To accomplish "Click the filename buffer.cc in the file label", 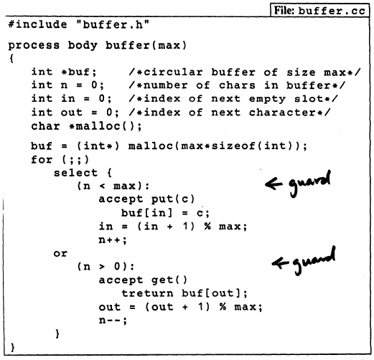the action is coord(332,11).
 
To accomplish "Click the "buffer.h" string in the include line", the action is coord(113,24).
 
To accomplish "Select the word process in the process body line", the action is coord(34,45).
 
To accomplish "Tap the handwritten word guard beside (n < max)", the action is coord(310,183).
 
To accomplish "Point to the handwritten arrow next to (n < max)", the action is coord(274,184).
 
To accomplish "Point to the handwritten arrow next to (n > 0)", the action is coord(280,263).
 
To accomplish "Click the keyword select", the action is coord(75,173).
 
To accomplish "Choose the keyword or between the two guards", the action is coord(60,253).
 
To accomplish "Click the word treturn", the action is coord(147,293).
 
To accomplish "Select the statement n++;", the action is coord(113,240).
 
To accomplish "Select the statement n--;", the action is coord(113,321).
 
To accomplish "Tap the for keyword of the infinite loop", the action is coord(42,159).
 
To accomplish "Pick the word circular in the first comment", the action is coord(173,72).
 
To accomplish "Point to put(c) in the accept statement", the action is coord(173,199).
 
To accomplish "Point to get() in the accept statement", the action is coord(169,280).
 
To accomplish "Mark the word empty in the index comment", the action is coord(267,99).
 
